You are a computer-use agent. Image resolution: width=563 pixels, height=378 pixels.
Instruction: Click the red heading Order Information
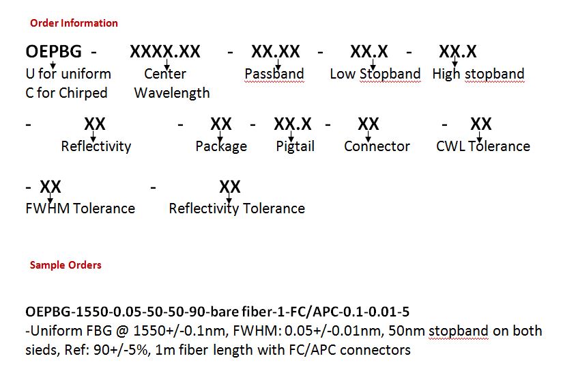[74, 23]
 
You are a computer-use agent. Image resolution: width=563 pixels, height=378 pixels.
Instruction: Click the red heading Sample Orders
[66, 265]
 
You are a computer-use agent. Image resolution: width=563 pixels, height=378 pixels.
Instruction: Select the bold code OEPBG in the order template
[53, 51]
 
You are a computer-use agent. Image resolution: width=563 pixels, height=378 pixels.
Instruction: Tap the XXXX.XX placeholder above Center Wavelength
[165, 51]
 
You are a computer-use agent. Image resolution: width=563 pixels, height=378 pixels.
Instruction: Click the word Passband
[274, 74]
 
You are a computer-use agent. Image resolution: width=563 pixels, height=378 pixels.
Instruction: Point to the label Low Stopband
[375, 74]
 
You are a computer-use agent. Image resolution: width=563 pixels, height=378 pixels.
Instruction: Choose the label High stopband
[478, 74]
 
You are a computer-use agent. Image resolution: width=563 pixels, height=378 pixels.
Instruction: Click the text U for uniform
[68, 74]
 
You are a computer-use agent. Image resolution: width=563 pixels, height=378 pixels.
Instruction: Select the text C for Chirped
[66, 93]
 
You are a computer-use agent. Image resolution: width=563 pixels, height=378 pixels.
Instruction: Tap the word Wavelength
[172, 93]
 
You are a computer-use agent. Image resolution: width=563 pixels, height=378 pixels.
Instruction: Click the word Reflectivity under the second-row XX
[96, 146]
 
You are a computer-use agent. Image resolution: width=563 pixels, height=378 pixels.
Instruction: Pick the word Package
[221, 146]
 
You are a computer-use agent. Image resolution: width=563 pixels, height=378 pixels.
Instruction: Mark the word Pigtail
[295, 146]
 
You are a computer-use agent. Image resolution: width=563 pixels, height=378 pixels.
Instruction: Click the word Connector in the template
[377, 146]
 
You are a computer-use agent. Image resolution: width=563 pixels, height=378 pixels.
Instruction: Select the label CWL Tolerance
[483, 146]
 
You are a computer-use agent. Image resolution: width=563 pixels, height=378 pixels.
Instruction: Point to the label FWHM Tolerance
[80, 208]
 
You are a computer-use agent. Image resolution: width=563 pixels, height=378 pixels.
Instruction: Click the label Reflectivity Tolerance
[237, 208]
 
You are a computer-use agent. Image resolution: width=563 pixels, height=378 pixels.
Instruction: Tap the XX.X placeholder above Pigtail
[293, 124]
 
